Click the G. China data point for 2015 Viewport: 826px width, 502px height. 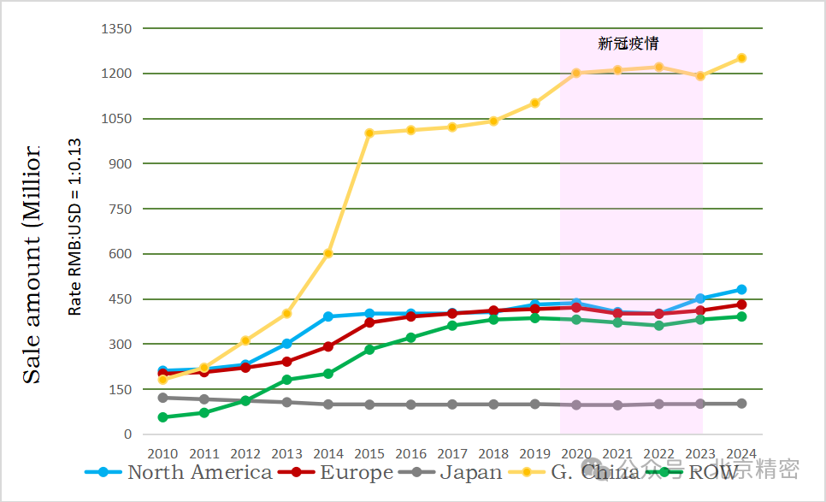pyautogui.click(x=369, y=133)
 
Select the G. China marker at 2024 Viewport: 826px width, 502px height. pyautogui.click(x=741, y=58)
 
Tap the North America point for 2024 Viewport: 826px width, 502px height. pyautogui.click(x=741, y=290)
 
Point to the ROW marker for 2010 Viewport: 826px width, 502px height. pyautogui.click(x=162, y=417)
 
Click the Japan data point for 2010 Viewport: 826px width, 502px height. pyautogui.click(x=162, y=398)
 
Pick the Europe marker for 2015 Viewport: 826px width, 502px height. pyautogui.click(x=369, y=322)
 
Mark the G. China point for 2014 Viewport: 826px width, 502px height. pyautogui.click(x=328, y=253)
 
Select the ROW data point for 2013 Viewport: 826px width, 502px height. pyautogui.click(x=287, y=380)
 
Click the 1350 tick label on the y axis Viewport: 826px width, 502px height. pyautogui.click(x=116, y=29)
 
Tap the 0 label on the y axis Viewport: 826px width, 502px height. pyautogui.click(x=127, y=434)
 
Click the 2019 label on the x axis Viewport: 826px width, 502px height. pyautogui.click(x=534, y=453)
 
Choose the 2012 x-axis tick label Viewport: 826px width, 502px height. pyautogui.click(x=245, y=453)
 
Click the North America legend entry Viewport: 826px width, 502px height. pyautogui.click(x=180, y=472)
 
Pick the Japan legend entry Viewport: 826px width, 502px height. pyautogui.click(x=453, y=472)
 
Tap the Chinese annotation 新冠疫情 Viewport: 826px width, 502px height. pyautogui.click(x=628, y=43)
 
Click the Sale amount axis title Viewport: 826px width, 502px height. pyautogui.click(x=32, y=265)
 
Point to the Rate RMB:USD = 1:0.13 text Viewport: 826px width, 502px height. pyautogui.click(x=75, y=227)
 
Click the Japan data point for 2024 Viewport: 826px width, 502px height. pyautogui.click(x=741, y=404)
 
